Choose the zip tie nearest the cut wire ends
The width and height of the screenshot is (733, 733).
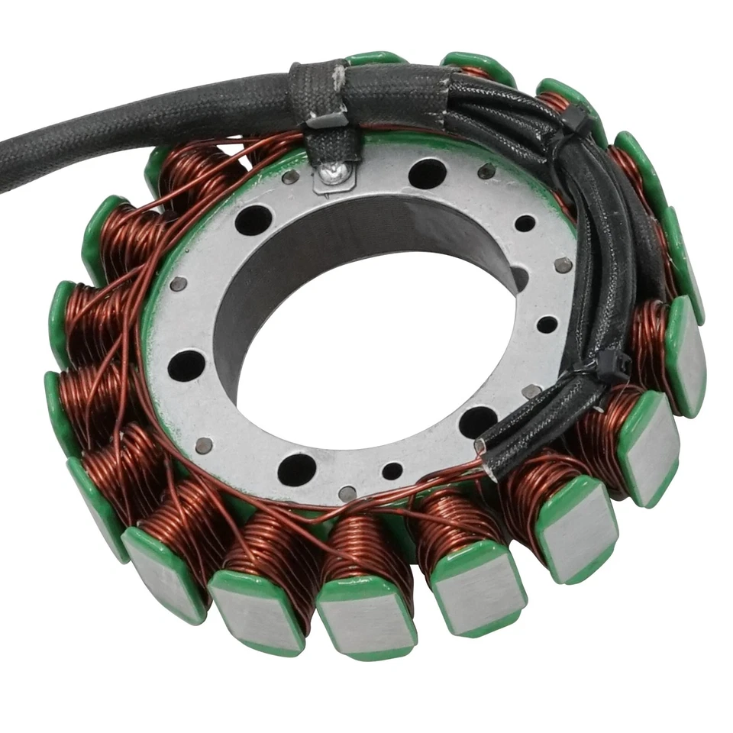coord(603,366)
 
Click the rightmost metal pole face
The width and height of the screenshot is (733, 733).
coord(685,355)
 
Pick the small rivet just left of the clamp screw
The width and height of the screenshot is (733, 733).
coord(290,177)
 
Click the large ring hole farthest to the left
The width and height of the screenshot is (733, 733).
coord(186,366)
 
